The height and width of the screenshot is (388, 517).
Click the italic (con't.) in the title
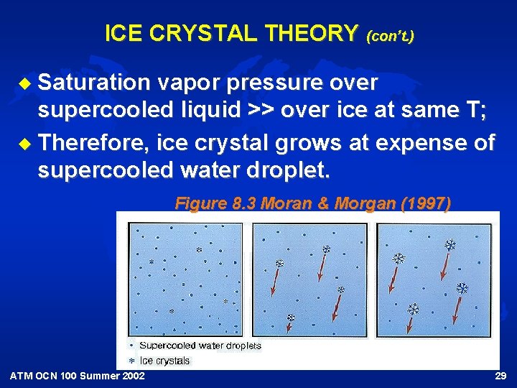(390, 34)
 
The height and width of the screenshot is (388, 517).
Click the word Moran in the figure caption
(284, 203)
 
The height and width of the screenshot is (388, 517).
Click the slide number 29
(500, 377)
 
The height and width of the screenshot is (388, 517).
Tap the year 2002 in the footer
(131, 377)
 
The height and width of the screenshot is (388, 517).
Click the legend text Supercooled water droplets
(200, 346)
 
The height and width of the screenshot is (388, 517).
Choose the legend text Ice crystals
(165, 361)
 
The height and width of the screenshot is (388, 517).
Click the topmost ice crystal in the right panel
(450, 245)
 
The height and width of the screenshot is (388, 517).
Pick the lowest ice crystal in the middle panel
(291, 317)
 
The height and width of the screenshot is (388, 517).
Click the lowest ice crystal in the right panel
(413, 309)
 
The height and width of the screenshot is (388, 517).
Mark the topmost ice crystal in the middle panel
(326, 249)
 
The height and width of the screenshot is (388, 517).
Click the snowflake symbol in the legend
(131, 361)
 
